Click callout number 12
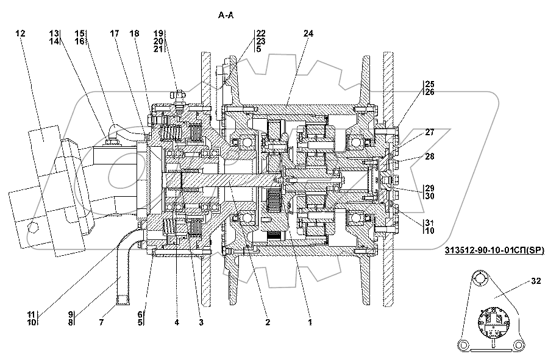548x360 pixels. tap(21, 34)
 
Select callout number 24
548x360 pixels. tap(308, 34)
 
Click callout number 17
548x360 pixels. tap(114, 34)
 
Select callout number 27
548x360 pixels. tap(430, 132)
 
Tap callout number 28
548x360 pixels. tap(430, 157)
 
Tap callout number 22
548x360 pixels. tap(261, 34)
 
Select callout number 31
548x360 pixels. tap(430, 222)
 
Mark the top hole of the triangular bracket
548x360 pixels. tap(482, 279)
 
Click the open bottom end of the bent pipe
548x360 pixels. tap(121, 300)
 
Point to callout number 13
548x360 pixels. tap(55, 34)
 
